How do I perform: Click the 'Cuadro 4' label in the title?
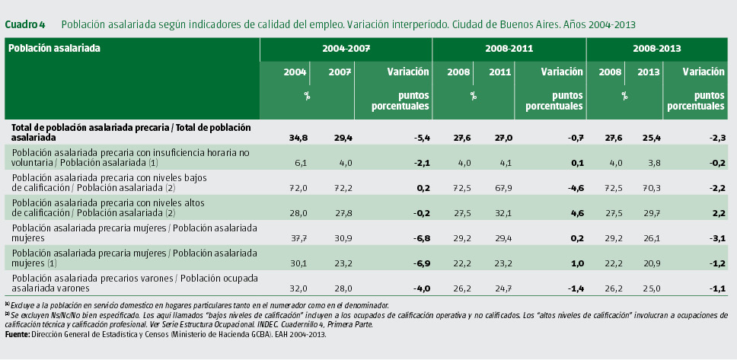[x=24, y=25]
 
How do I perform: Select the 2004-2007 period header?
[x=346, y=48]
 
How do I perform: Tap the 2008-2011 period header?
[x=509, y=48]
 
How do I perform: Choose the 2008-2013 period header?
[x=656, y=48]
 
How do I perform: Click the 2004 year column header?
[x=295, y=72]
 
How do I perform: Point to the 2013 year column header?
[x=648, y=72]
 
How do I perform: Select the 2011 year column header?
[x=499, y=72]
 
